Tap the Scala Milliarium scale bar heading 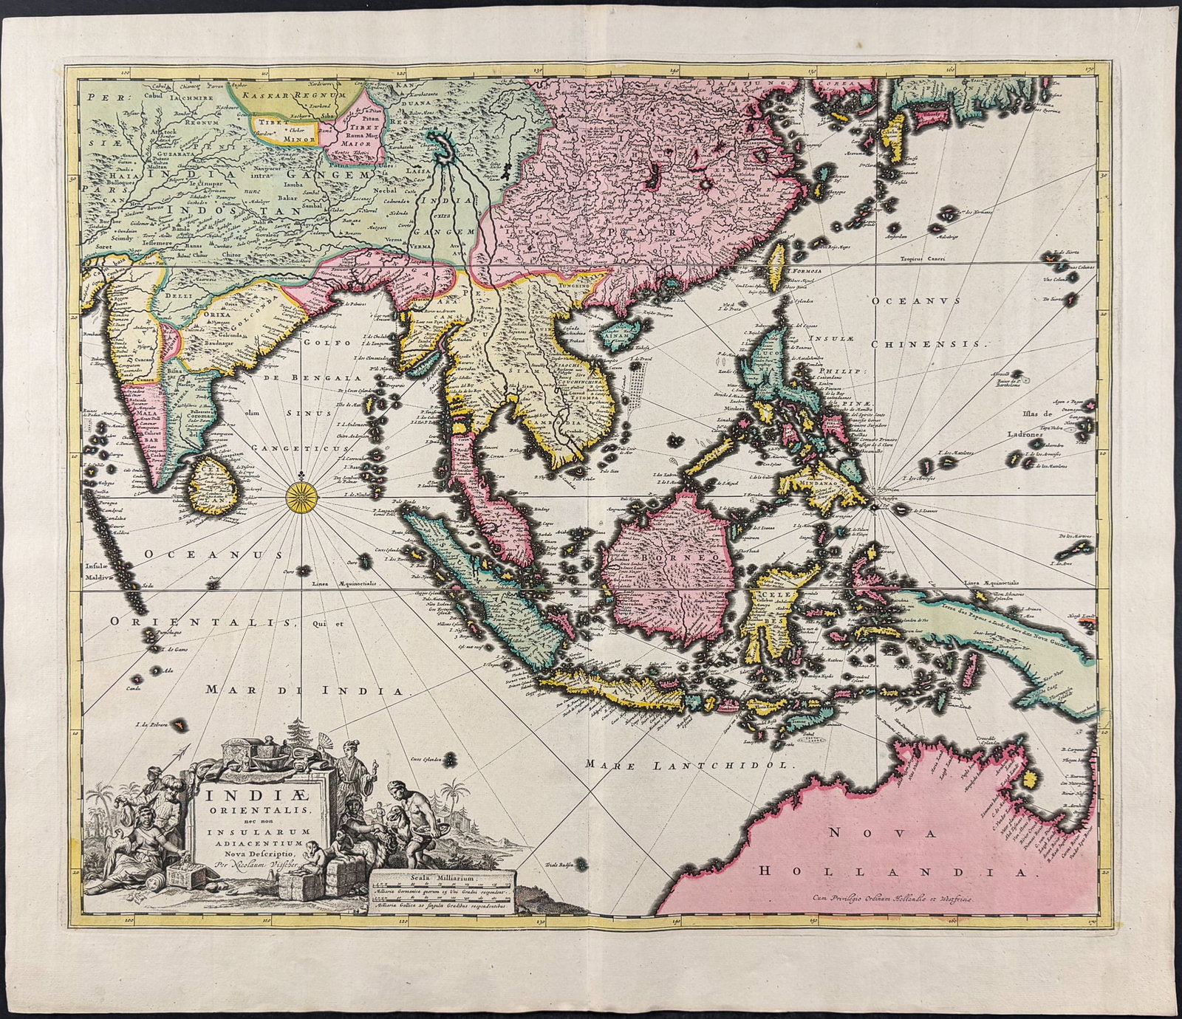point(442,877)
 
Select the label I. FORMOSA point(805,271)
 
